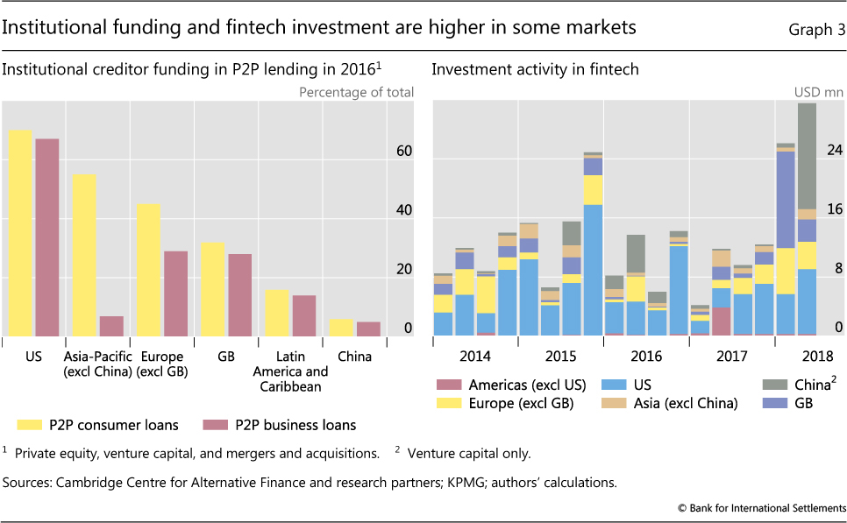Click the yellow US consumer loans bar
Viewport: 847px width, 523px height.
(20, 233)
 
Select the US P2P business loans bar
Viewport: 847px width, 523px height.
(46, 237)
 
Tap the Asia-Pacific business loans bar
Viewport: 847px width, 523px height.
(111, 326)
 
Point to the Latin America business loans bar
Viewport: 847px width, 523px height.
(304, 315)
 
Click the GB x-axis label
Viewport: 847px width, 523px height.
(225, 357)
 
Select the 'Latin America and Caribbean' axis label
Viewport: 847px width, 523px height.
(290, 371)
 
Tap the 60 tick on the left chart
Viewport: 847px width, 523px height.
(403, 152)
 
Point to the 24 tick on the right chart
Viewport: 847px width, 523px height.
(834, 150)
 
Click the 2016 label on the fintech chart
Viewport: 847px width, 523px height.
(645, 357)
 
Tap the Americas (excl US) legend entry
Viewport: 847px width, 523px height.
(517, 385)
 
